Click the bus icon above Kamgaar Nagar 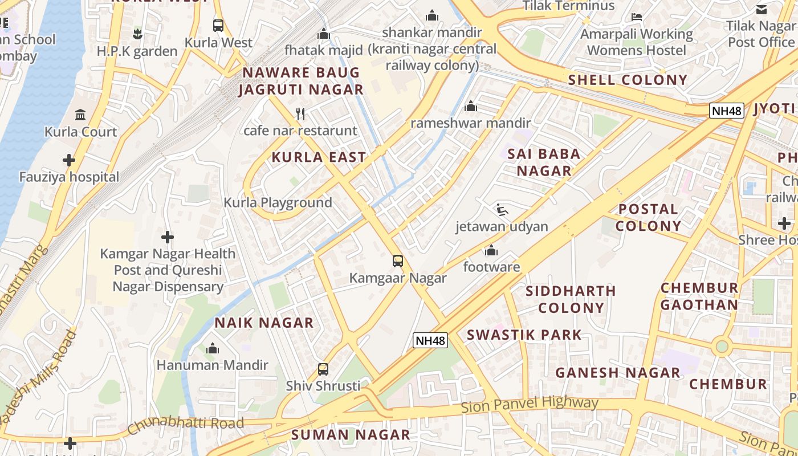398,261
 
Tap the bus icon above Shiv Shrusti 323,369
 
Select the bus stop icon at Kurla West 218,26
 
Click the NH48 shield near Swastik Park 430,340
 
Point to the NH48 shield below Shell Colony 727,111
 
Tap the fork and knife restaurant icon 301,114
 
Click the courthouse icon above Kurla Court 80,115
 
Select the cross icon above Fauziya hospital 69,160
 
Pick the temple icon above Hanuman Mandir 213,348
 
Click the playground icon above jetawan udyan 502,210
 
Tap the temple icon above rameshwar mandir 471,106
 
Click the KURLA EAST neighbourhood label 319,157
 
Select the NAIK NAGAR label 264,323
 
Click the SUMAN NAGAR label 351,434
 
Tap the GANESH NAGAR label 618,373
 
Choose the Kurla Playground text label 278,202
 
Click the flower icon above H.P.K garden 137,34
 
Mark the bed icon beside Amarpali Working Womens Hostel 637,17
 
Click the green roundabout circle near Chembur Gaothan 722,345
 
